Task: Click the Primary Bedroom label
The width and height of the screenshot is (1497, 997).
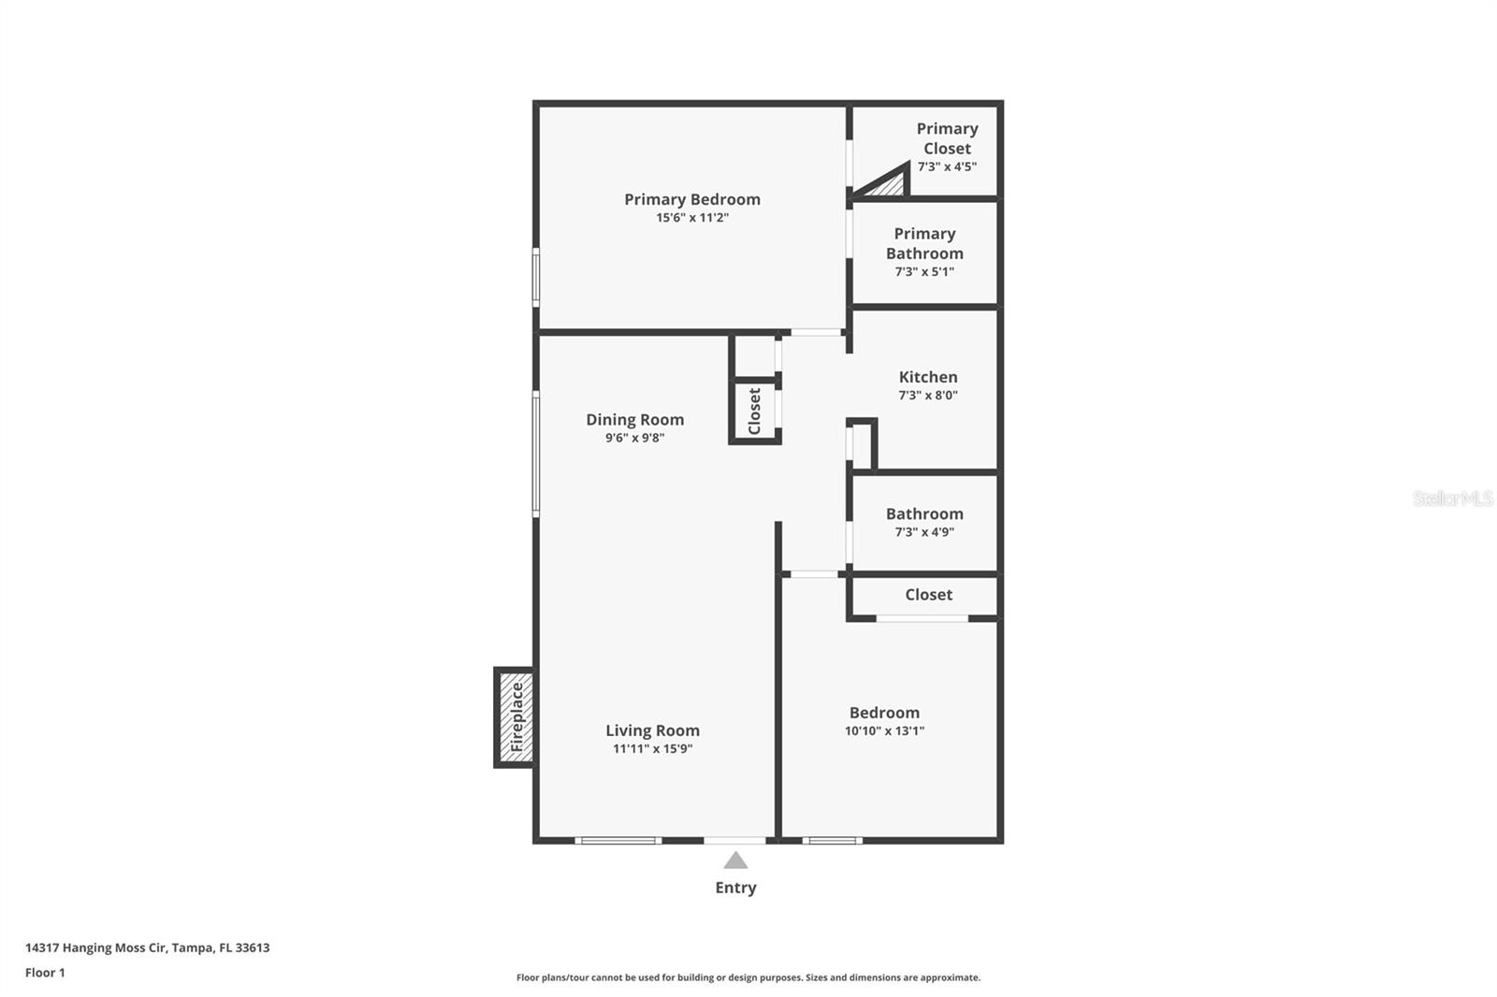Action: click(x=692, y=199)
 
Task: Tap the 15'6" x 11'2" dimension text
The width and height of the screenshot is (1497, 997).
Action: click(x=692, y=218)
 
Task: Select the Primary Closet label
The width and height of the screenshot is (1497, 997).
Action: click(x=947, y=138)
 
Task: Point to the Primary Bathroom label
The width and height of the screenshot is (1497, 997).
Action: click(x=924, y=243)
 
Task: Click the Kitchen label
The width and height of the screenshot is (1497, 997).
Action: click(x=928, y=377)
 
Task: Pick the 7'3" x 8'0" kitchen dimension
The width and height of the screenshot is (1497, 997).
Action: click(x=928, y=396)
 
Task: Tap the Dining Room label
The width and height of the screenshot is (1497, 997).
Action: click(x=635, y=420)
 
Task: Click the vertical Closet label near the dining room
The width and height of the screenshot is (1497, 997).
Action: click(x=755, y=412)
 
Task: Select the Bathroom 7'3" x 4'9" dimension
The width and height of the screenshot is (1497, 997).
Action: click(x=924, y=532)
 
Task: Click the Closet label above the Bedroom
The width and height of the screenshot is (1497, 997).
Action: click(x=928, y=595)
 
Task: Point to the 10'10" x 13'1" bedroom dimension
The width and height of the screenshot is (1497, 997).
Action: click(x=884, y=731)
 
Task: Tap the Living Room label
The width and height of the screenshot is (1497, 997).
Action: click(x=652, y=730)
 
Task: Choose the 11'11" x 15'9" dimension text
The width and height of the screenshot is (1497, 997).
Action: click(x=652, y=749)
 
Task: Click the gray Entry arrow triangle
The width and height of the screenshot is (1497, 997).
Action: click(x=735, y=861)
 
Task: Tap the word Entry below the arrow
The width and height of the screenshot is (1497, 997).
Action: click(x=735, y=888)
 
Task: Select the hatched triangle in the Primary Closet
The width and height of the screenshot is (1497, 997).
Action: click(x=889, y=184)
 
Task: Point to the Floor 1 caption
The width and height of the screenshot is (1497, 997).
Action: click(x=45, y=973)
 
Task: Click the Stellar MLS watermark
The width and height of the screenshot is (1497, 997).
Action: click(x=1452, y=498)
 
